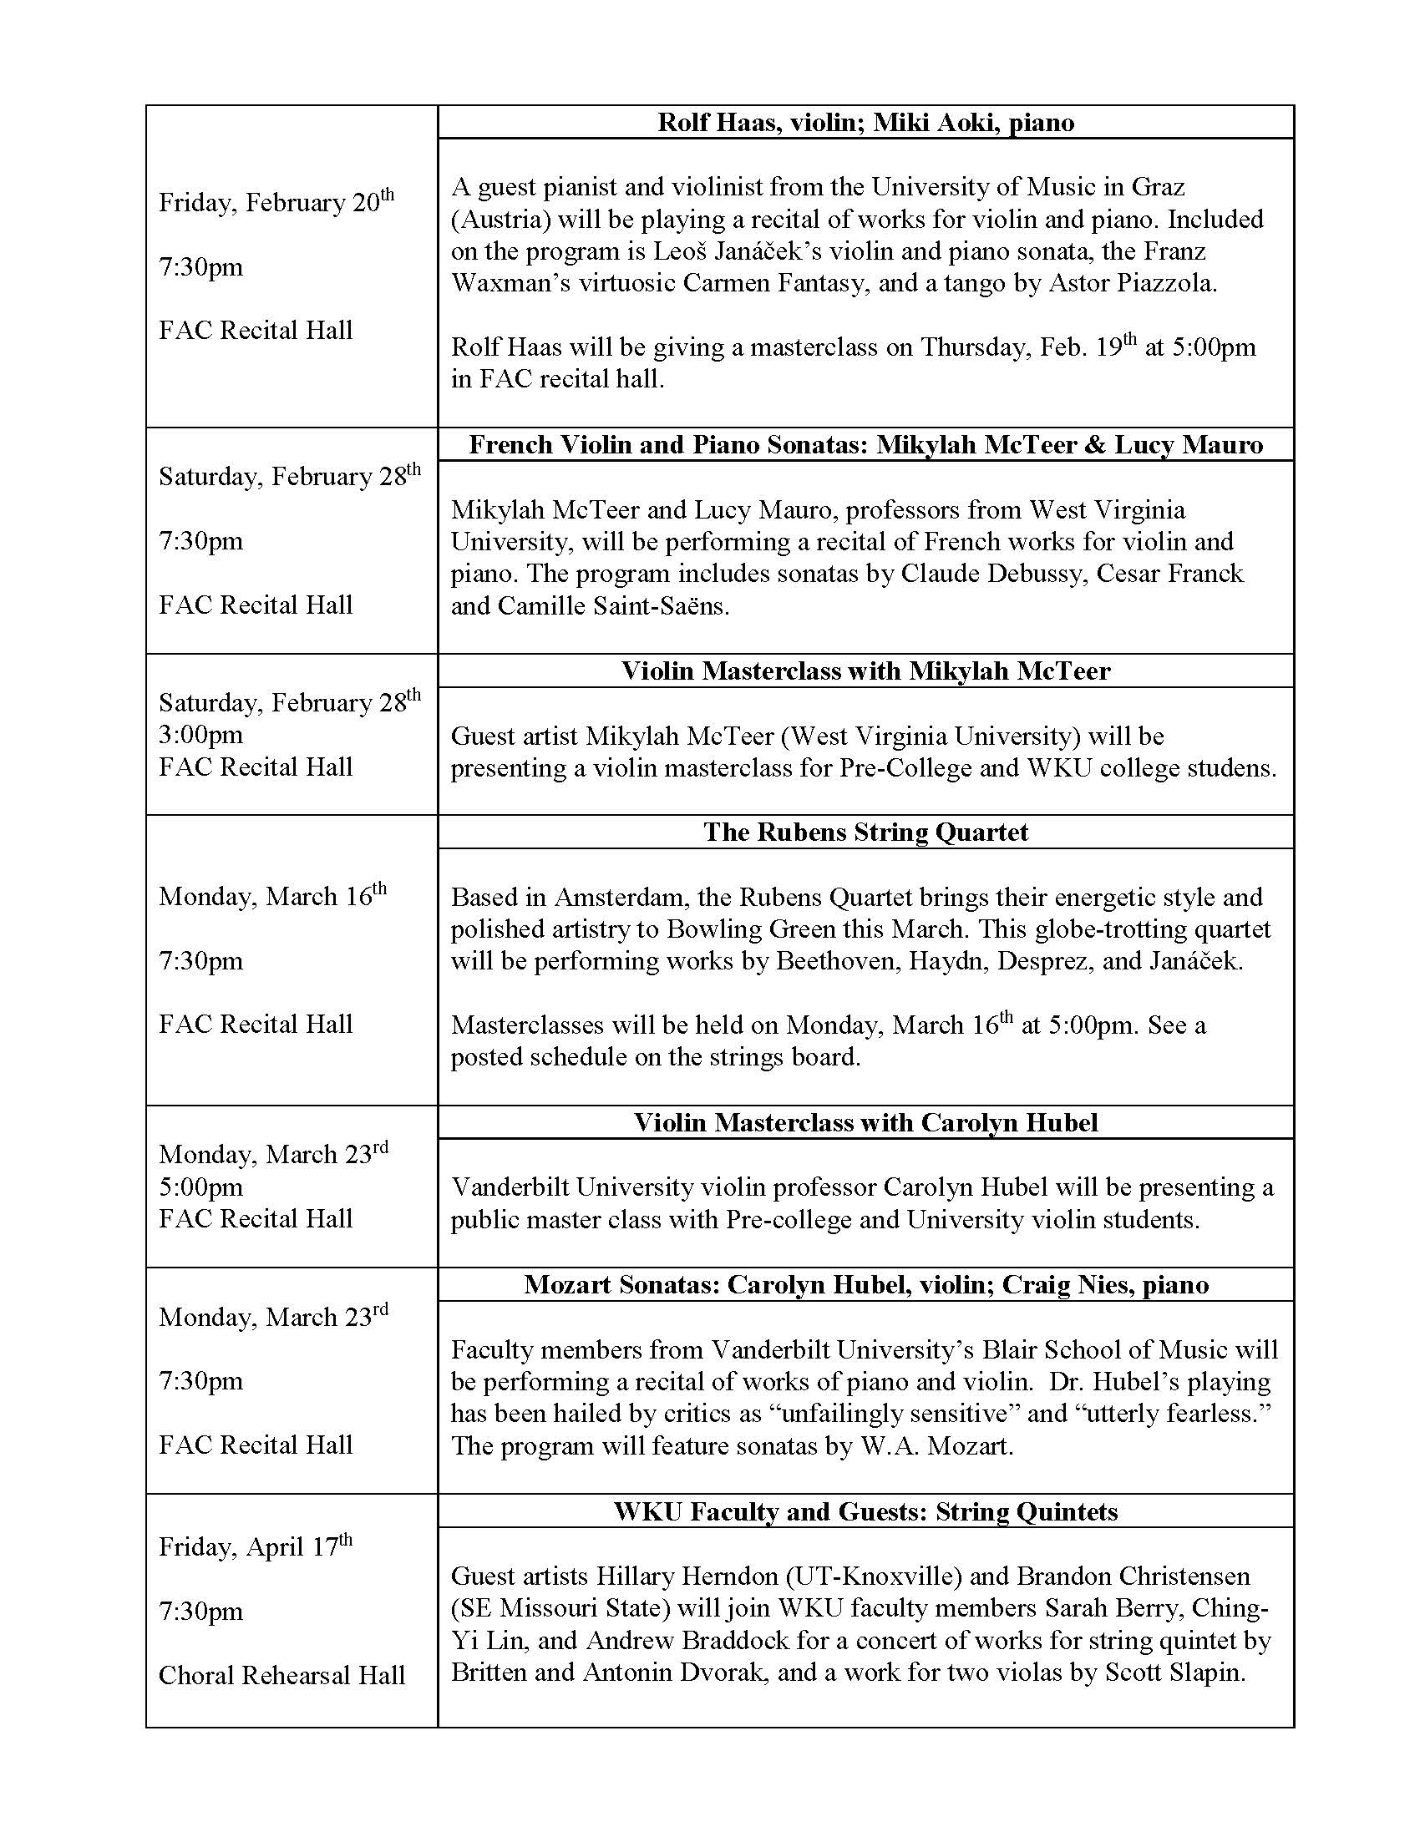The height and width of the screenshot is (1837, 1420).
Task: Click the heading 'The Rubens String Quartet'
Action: pos(865,832)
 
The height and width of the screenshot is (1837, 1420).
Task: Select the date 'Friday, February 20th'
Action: pos(276,203)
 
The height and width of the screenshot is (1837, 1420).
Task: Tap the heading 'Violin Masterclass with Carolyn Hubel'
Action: pos(865,1122)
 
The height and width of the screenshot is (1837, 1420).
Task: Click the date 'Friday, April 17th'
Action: pos(255,1546)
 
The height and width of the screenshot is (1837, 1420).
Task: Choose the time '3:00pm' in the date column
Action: pos(201,734)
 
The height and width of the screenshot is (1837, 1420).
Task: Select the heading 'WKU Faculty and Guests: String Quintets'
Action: pos(865,1511)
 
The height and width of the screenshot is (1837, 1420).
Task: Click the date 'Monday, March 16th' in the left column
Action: pos(272,896)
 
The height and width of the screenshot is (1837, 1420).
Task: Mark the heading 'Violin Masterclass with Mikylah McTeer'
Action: pos(865,671)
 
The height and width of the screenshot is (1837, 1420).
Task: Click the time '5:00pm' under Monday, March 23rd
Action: pos(201,1187)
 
